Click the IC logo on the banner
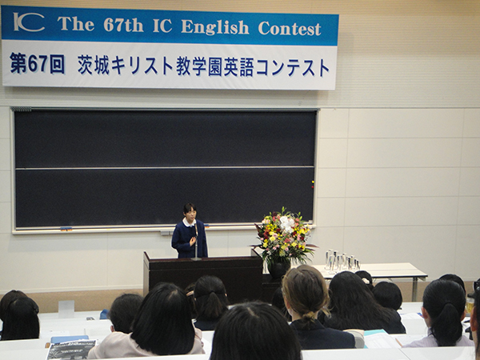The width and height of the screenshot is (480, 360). click(29, 22)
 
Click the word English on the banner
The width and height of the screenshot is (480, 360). click(215, 26)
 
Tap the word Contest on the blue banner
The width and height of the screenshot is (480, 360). click(290, 29)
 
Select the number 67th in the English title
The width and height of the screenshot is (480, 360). click(123, 25)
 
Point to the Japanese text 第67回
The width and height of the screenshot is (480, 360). click(37, 63)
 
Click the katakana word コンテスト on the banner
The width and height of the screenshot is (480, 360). click(293, 68)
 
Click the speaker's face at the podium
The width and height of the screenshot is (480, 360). click(190, 215)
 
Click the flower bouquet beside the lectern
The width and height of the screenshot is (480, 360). click(284, 235)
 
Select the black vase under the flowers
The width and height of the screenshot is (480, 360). click(278, 270)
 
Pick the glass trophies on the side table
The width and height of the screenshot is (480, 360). click(342, 261)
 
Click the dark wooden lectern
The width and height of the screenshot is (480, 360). click(203, 274)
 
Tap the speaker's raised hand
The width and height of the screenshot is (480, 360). click(193, 241)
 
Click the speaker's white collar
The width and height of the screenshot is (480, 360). click(189, 222)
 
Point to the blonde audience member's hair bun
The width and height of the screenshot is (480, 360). click(309, 316)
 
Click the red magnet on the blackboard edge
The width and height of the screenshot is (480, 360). click(313, 182)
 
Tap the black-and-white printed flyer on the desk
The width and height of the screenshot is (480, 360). click(71, 350)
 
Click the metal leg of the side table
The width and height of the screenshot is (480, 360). click(414, 289)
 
